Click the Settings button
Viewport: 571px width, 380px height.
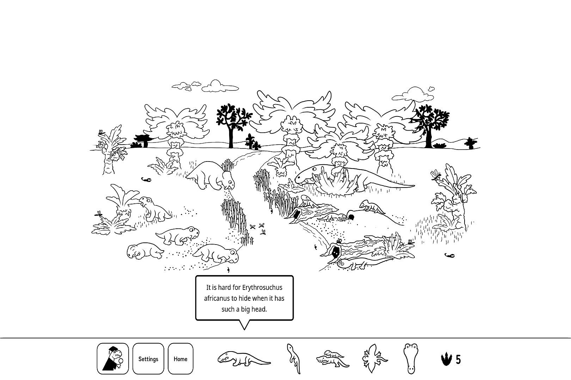coord(148,359)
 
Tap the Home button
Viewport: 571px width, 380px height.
coord(180,359)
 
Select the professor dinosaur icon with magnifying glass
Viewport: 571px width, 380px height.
coord(113,359)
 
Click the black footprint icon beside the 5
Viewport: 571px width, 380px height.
coord(446,359)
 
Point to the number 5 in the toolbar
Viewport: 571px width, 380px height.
coord(458,360)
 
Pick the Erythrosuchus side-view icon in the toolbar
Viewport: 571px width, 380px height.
coord(244,359)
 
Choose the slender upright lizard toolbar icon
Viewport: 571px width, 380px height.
coord(294,359)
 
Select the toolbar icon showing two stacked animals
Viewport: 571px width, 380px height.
coord(333,359)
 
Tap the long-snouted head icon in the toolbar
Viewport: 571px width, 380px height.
coord(411,359)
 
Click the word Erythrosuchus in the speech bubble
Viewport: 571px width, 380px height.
coord(262,287)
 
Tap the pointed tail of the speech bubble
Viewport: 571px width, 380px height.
coord(244,329)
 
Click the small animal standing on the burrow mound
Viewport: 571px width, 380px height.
coord(372,206)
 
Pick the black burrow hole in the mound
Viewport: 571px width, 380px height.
coord(351,217)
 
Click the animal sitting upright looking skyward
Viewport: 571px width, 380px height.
coord(154,209)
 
